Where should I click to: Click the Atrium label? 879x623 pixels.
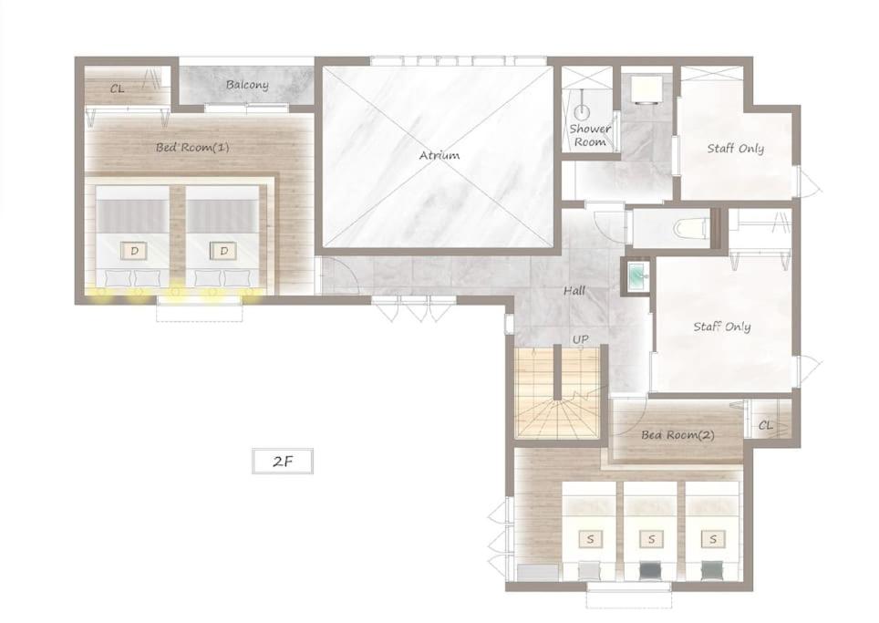coord(439,155)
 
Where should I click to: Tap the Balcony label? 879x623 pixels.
coord(247,85)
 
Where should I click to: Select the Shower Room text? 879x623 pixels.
coord(590,135)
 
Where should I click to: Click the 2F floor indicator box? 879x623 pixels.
coord(283,462)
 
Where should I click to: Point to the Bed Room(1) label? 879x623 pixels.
coord(192,148)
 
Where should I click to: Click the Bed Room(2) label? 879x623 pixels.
coord(677,434)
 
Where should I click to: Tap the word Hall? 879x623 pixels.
coord(574,290)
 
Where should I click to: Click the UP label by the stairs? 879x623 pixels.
coord(581,340)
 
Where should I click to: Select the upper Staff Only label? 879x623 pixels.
coord(736,149)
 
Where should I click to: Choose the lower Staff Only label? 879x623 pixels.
coord(722,327)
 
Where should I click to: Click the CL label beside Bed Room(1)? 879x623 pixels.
coord(117,88)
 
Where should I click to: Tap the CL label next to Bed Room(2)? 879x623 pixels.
coord(766,426)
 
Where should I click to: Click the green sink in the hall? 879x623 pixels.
coord(636,277)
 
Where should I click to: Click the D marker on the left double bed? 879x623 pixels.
coord(135,251)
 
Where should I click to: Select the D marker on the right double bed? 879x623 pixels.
coord(223,251)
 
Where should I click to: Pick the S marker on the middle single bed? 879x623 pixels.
coord(651,539)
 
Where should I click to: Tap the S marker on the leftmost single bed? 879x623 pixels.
coord(590,539)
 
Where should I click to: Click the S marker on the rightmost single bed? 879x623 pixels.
coord(713,539)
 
